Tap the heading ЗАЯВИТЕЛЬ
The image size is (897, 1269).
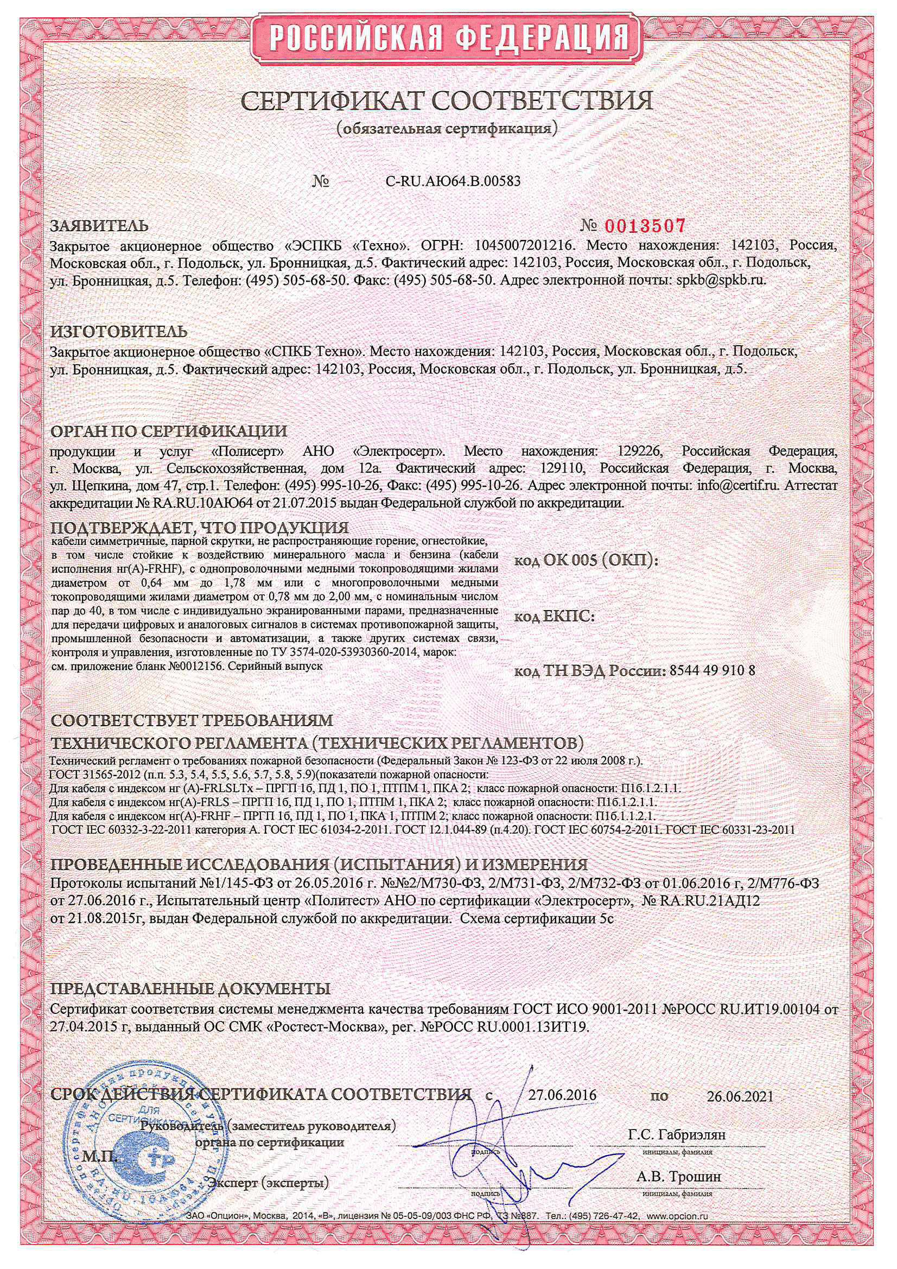pyautogui.click(x=99, y=226)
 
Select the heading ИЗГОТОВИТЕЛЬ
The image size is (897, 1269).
pyautogui.click(x=119, y=332)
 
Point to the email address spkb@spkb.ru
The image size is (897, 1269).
pyautogui.click(x=721, y=280)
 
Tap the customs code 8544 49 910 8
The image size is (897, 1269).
pyautogui.click(x=712, y=671)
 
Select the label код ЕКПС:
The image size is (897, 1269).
pyautogui.click(x=555, y=616)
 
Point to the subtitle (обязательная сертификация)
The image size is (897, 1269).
pyautogui.click(x=448, y=129)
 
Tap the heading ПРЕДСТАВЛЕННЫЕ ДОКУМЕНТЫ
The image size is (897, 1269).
pyautogui.click(x=190, y=988)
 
